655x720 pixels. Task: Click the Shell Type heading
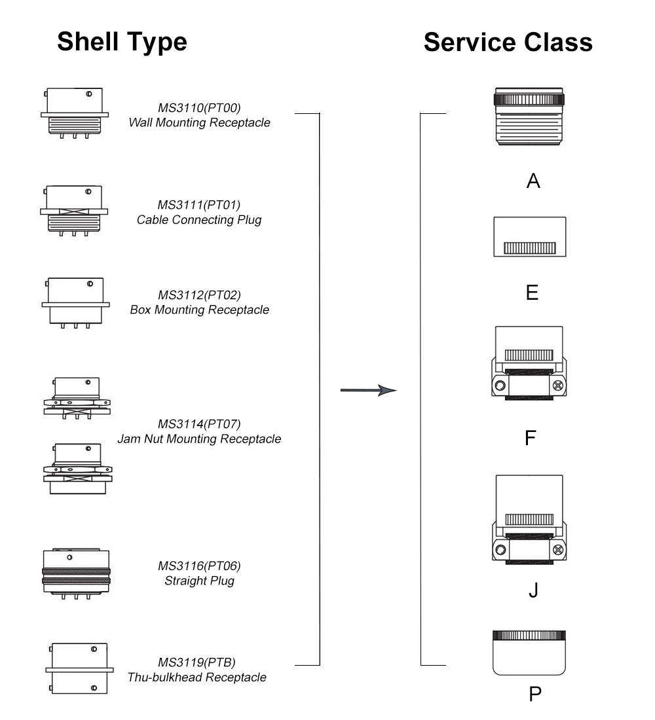[122, 42]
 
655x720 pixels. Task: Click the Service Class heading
[508, 43]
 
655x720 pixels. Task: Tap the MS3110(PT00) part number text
[199, 108]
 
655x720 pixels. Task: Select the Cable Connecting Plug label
[199, 220]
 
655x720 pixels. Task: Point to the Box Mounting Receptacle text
[200, 310]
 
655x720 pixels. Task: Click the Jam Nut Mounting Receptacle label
[199, 439]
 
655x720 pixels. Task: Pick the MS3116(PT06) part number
[199, 566]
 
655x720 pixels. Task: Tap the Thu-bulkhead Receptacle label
[196, 677]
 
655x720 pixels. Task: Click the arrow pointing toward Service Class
[368, 390]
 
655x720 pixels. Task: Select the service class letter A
[533, 181]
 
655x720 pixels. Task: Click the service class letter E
[532, 293]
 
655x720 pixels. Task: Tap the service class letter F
[531, 438]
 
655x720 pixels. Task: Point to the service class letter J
[533, 590]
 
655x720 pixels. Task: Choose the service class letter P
[535, 694]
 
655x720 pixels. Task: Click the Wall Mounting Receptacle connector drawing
[75, 113]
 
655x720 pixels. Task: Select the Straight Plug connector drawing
[76, 573]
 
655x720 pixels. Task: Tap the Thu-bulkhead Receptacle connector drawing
[79, 668]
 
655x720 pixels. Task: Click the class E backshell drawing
[529, 237]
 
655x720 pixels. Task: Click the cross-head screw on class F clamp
[558, 386]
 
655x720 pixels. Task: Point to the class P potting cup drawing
[529, 653]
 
